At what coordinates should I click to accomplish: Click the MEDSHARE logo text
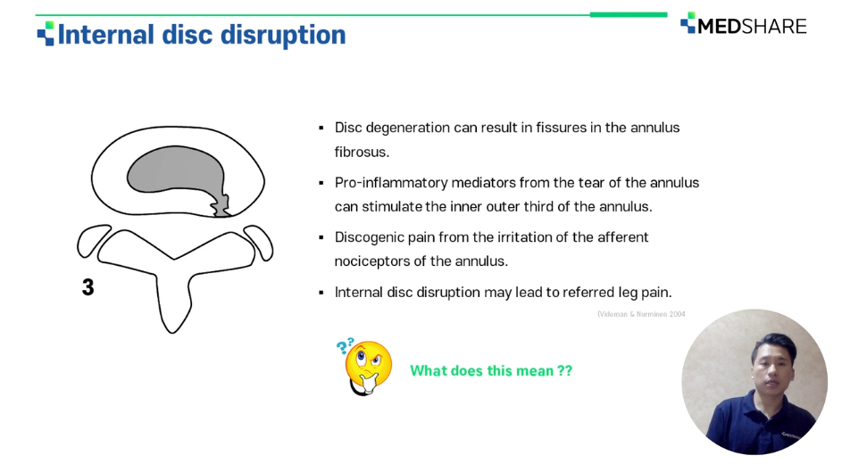(752, 26)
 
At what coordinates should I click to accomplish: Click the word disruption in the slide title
(283, 36)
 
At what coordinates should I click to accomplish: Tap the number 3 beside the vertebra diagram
(88, 287)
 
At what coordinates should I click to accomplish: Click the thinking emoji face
(369, 367)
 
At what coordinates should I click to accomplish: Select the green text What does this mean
(491, 370)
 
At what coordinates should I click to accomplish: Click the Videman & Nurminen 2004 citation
(641, 314)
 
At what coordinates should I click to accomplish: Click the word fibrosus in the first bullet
(362, 152)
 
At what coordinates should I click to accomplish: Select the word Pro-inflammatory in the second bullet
(391, 183)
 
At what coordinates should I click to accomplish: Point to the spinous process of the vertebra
(173, 303)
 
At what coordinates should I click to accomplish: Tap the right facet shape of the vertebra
(259, 242)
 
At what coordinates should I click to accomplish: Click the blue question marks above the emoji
(345, 345)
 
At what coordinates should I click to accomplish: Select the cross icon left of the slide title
(46, 34)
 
